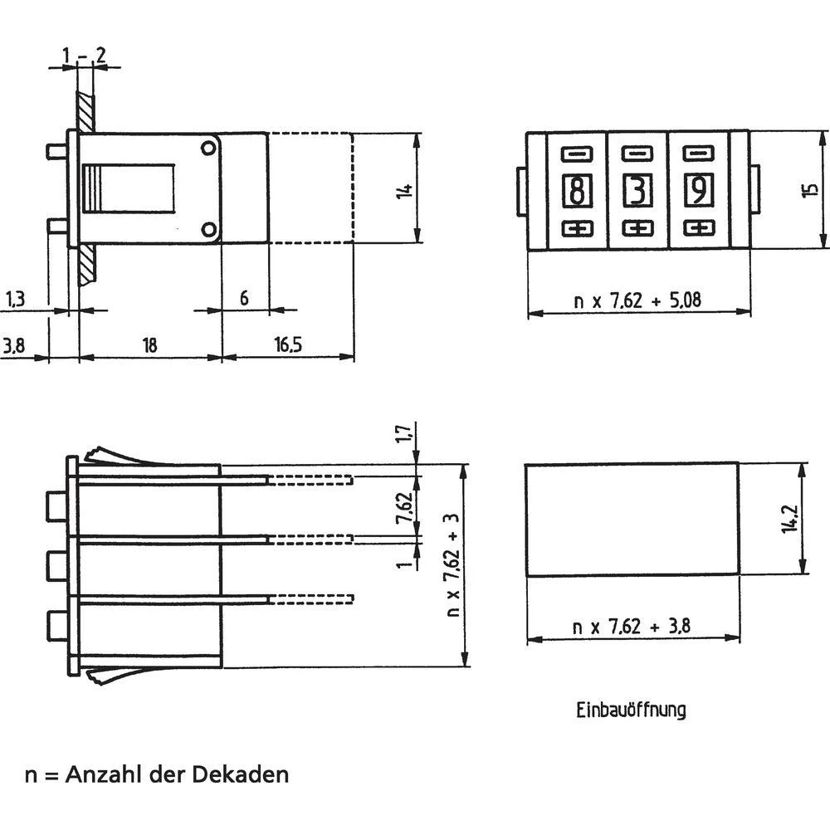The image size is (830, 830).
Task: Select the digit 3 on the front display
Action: [x=637, y=191]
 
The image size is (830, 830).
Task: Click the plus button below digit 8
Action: [x=576, y=228]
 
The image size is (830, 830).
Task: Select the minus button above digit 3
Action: [x=637, y=154]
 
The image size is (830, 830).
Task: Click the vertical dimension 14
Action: [x=404, y=190]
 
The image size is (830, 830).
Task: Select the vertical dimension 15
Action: [x=808, y=190]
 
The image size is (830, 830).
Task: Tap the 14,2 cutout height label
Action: [x=789, y=520]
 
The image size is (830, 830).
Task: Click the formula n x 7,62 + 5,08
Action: [x=637, y=300]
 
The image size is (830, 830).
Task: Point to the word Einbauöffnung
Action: [x=631, y=710]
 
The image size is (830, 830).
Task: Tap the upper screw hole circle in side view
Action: [x=207, y=149]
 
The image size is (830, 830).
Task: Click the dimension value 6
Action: [x=244, y=297]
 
